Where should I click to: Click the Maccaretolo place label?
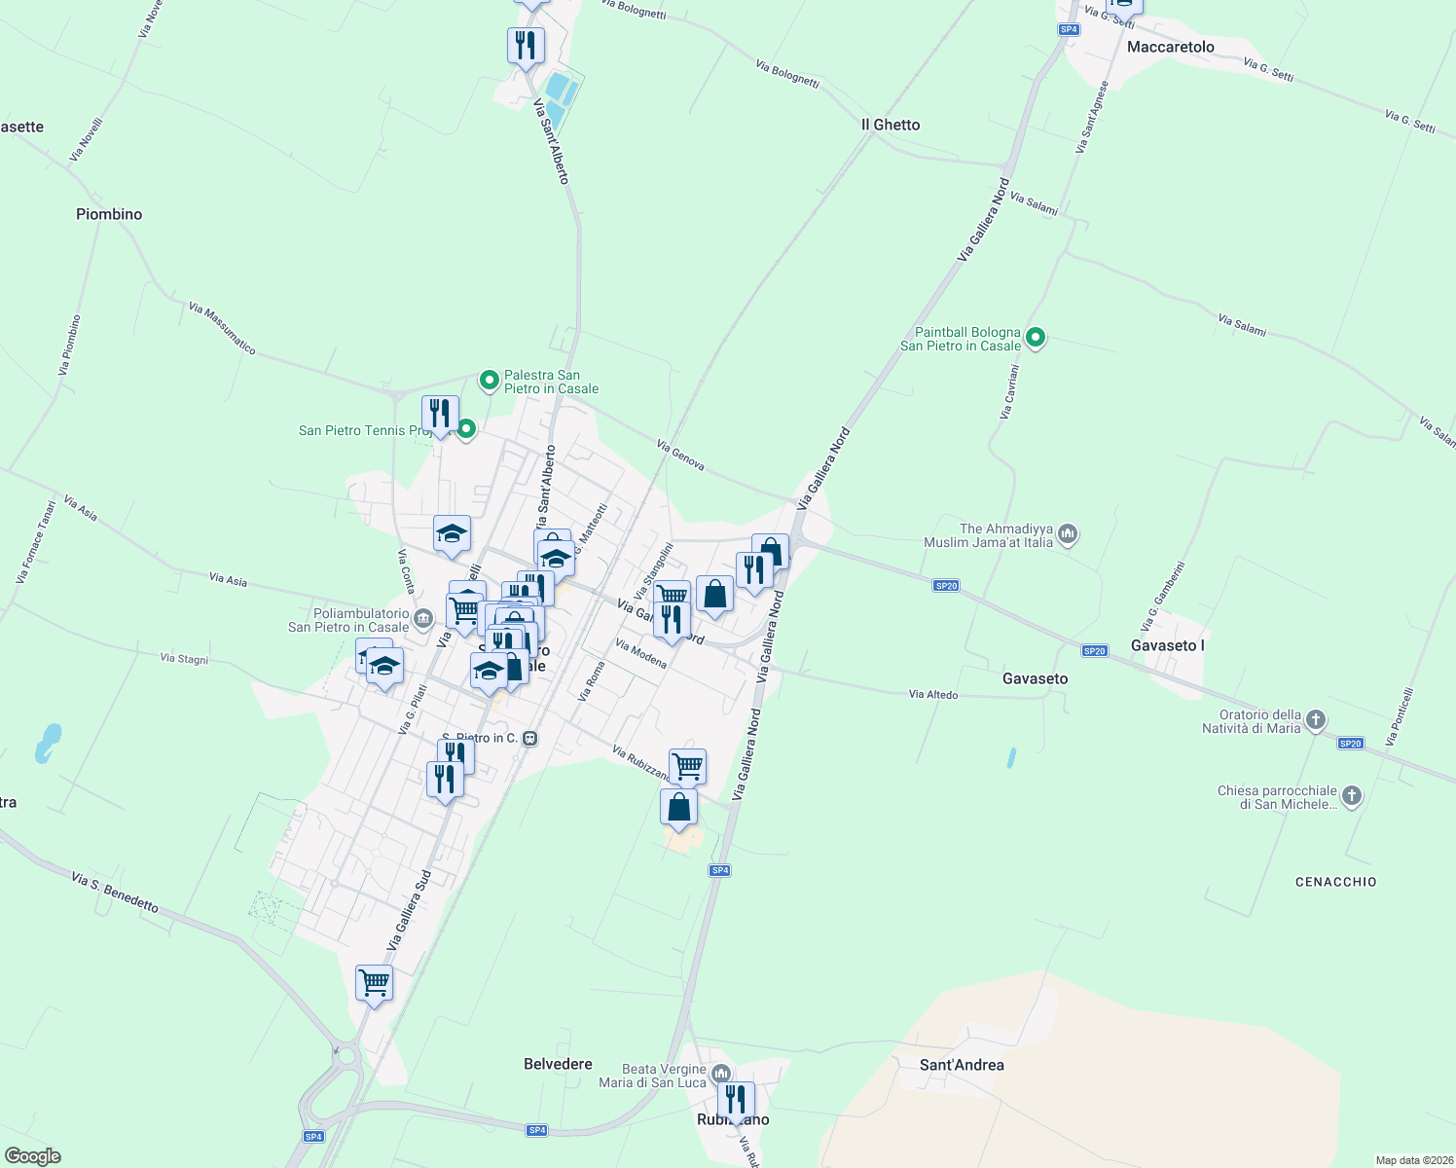pyautogui.click(x=1170, y=47)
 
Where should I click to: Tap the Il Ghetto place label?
pyautogui.click(x=891, y=125)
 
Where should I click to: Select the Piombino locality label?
pyautogui.click(x=109, y=214)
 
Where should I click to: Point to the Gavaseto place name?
pyautogui.click(x=1035, y=678)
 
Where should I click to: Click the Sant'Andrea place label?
pyautogui.click(x=962, y=1065)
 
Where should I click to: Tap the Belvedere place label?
pyautogui.click(x=558, y=1064)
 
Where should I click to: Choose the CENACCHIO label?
pyautogui.click(x=1335, y=882)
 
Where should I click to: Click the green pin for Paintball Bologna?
pyautogui.click(x=1036, y=339)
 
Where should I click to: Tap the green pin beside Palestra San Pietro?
pyautogui.click(x=490, y=381)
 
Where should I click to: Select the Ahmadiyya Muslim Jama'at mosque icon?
pyautogui.click(x=1068, y=533)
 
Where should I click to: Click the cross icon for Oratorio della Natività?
pyautogui.click(x=1315, y=720)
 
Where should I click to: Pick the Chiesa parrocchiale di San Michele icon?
pyautogui.click(x=1351, y=796)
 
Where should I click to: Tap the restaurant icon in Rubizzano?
pyautogui.click(x=736, y=1099)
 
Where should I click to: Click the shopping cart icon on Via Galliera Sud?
pyautogui.click(x=374, y=982)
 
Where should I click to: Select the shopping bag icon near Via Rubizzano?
pyautogui.click(x=678, y=807)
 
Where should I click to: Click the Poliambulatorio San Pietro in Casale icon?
pyautogui.click(x=423, y=619)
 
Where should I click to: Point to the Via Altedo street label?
pyautogui.click(x=932, y=695)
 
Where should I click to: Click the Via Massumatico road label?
pyautogui.click(x=222, y=328)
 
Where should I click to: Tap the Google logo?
pyautogui.click(x=33, y=1156)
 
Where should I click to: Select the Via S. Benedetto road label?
pyautogui.click(x=115, y=893)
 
